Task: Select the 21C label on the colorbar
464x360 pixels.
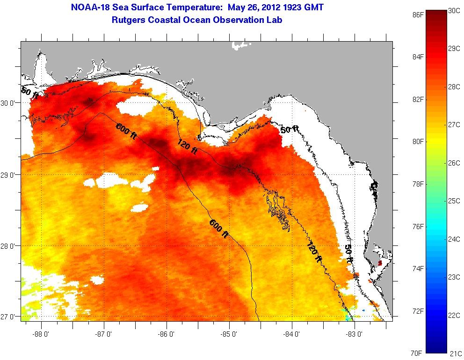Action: tap(455, 353)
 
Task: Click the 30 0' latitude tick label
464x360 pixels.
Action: tap(10, 103)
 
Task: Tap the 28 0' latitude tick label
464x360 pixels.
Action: tap(10, 246)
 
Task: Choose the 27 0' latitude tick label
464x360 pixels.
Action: tap(10, 317)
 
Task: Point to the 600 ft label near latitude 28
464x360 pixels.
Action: tap(218, 229)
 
